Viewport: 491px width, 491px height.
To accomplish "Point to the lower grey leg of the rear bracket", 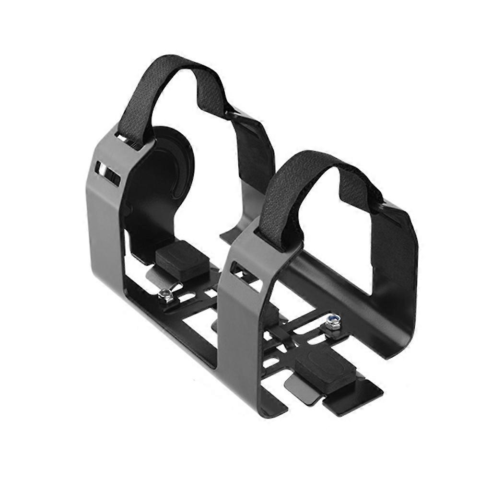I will coord(105,240).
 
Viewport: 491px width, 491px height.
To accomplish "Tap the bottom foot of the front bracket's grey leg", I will coord(269,408).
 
